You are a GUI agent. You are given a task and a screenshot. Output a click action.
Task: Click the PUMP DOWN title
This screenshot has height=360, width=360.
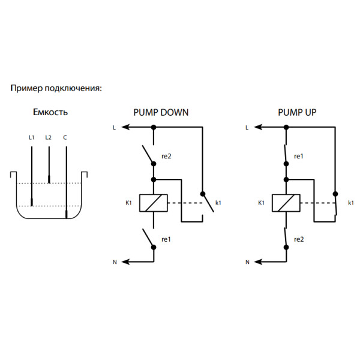tap(161, 112)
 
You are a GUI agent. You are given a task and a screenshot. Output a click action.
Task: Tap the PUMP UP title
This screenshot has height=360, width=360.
tap(297, 112)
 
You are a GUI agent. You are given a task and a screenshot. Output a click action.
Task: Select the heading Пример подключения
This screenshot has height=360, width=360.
tap(56, 88)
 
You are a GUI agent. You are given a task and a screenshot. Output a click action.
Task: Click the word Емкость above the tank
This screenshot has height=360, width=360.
tap(50, 112)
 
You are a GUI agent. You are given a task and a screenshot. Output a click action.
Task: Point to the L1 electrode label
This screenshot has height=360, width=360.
tap(32, 137)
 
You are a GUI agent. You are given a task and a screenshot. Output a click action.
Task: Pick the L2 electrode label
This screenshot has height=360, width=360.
tap(49, 137)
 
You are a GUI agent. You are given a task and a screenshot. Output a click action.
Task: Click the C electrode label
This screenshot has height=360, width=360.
tap(65, 137)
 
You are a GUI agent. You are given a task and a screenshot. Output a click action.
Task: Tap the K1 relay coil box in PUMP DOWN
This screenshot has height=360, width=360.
tap(153, 203)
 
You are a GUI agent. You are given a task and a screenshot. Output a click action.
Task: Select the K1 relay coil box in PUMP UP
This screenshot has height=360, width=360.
tap(286, 203)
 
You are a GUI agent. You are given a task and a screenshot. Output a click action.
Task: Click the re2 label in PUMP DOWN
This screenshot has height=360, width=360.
tap(166, 157)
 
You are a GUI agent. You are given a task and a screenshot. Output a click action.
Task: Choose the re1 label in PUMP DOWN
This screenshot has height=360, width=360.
tap(166, 239)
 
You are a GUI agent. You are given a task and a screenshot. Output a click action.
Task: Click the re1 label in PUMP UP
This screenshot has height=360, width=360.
tap(299, 157)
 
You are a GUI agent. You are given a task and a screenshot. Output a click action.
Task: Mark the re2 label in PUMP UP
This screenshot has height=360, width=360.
tap(299, 239)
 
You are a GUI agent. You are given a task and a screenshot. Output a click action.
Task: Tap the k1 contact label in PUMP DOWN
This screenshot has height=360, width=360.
tap(218, 203)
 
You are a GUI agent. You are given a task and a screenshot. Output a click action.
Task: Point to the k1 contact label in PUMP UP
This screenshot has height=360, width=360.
tap(351, 203)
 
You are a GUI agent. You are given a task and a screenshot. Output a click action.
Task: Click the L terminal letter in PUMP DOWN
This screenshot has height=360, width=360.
tap(115, 128)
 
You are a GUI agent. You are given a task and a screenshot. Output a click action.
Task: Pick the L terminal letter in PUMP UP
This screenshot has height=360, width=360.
tap(247, 128)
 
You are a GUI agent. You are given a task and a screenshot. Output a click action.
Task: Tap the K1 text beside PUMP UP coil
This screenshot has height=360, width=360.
tap(261, 203)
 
